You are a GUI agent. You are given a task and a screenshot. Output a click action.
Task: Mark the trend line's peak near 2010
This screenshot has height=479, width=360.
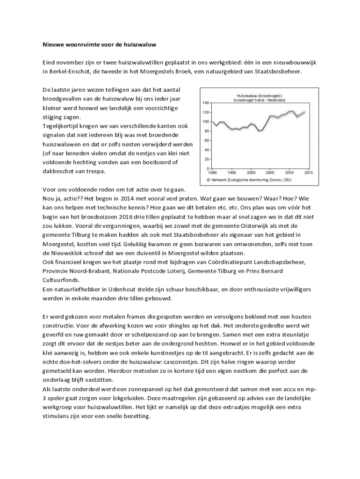tap(291, 111)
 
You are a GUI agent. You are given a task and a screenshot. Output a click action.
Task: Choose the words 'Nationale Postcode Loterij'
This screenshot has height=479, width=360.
tap(147, 271)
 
